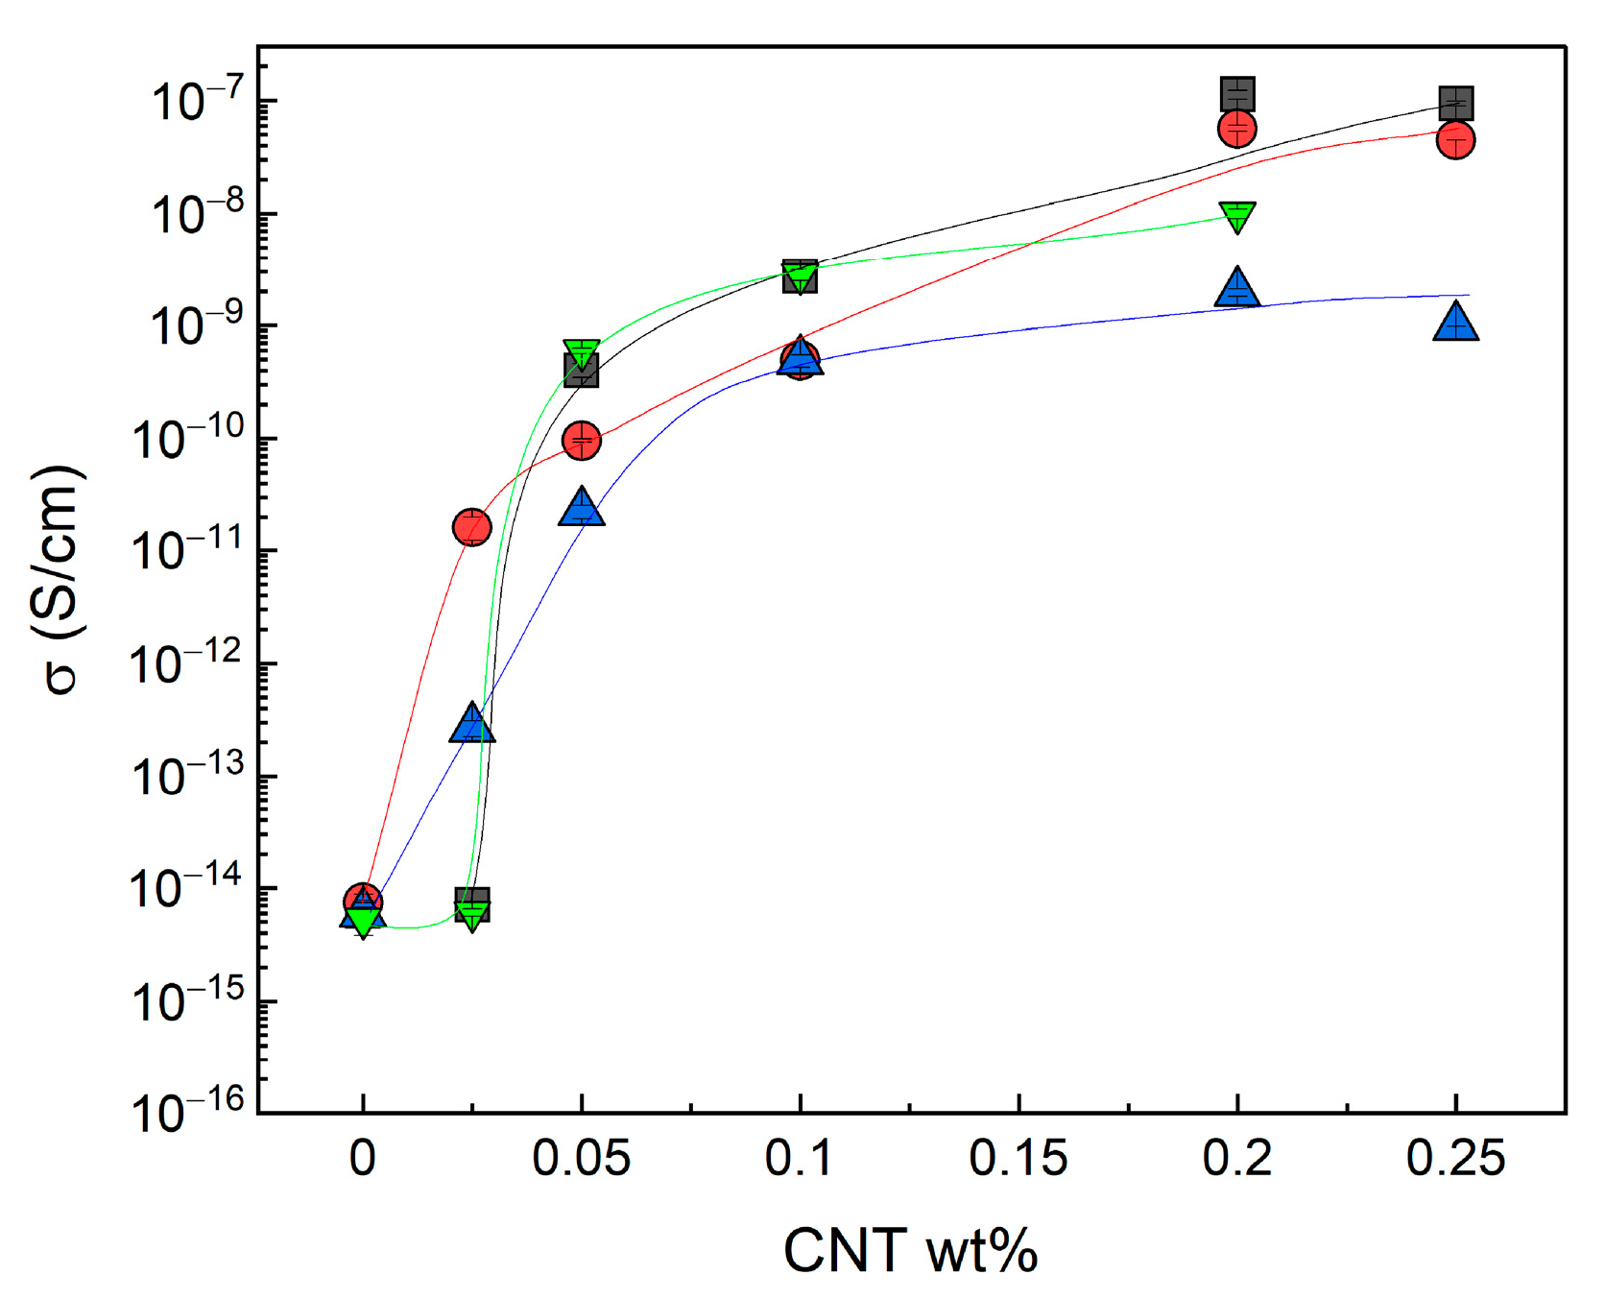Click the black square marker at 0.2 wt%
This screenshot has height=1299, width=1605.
point(1237,94)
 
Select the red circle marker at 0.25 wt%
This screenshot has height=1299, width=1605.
point(1455,140)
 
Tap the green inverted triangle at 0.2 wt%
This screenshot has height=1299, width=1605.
point(1237,216)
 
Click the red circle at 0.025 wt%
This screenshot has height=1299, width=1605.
point(471,527)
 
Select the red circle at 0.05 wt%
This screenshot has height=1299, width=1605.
point(582,441)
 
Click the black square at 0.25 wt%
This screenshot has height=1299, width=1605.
point(1456,102)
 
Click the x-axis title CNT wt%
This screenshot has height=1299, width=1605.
point(910,1251)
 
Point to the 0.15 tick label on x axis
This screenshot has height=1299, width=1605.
point(1018,1158)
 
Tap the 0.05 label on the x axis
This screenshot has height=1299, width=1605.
point(581,1158)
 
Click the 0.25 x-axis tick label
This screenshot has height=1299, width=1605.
point(1455,1158)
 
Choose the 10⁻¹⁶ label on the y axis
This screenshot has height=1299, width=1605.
point(187,1111)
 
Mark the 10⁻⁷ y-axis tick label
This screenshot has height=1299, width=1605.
point(197,99)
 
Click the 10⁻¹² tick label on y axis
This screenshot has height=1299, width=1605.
point(187,662)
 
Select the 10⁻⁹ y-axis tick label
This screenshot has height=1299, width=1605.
point(197,324)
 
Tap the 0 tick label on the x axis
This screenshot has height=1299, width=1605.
point(363,1158)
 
